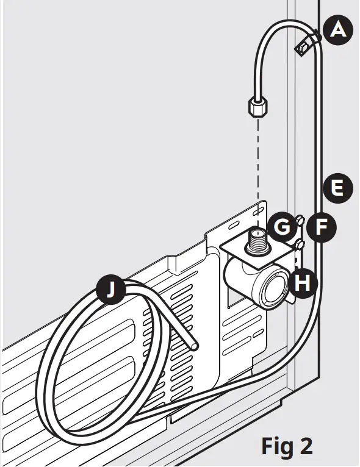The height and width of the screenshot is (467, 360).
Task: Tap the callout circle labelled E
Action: tap(337, 188)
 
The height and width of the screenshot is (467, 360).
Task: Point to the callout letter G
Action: tap(282, 227)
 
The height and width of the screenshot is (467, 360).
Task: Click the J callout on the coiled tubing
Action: tap(110, 291)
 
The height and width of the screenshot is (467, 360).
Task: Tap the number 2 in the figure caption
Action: tap(306, 446)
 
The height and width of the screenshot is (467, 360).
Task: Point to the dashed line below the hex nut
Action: tap(259, 165)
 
